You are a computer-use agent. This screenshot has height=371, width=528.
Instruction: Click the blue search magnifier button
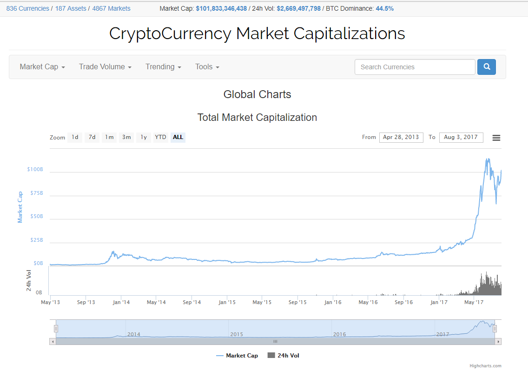pos(487,67)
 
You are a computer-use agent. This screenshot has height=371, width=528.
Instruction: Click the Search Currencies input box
pos(415,67)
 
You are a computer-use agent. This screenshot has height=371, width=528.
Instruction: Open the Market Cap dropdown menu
pos(42,67)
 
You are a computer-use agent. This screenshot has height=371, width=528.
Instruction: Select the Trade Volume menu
pos(105,67)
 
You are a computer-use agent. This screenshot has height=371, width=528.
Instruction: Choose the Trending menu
pos(163,67)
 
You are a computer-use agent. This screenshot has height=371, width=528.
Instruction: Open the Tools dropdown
pos(207,67)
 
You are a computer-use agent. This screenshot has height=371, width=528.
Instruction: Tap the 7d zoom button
pos(92,137)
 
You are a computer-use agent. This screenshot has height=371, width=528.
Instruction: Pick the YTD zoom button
pos(160,137)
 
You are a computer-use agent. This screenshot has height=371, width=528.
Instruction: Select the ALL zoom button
pos(178,137)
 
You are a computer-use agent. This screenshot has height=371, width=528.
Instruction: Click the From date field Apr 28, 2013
pos(401,137)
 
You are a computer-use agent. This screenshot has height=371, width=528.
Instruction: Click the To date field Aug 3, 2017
pos(461,137)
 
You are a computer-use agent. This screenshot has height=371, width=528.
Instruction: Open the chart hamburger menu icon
pos(496,138)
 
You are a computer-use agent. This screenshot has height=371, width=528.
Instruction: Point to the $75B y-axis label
pos(35,193)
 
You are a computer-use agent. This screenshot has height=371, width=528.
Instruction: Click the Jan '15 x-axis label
pos(227,302)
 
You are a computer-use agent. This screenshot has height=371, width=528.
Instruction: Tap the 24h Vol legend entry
pos(284,356)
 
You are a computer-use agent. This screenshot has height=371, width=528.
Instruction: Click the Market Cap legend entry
pos(238,356)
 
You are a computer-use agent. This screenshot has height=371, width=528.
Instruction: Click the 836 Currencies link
pos(27,8)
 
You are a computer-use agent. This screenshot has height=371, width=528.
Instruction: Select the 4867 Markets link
pos(111,8)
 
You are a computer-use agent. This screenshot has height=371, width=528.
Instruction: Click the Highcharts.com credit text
pos(485,366)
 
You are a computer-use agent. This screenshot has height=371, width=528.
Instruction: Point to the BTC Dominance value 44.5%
pos(384,8)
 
